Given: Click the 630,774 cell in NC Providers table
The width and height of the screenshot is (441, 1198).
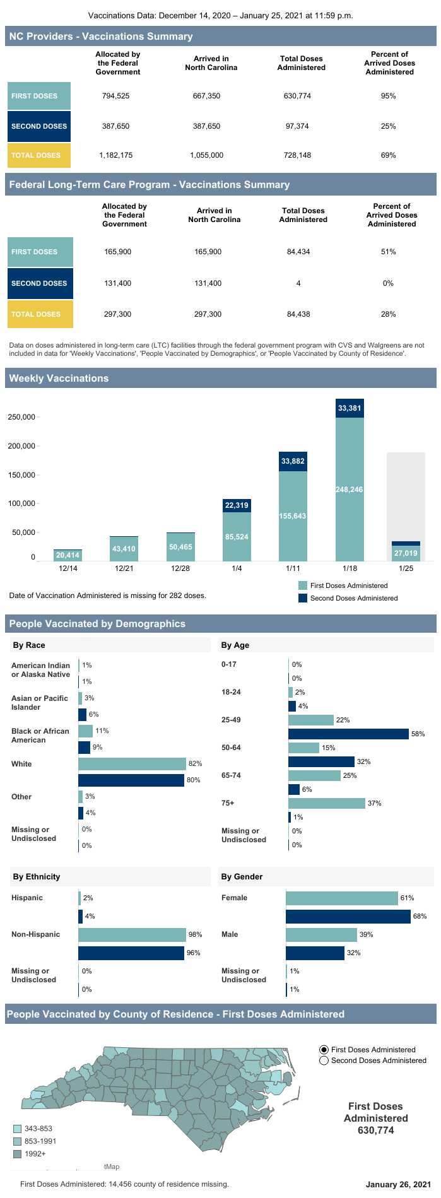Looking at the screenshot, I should point(297,96).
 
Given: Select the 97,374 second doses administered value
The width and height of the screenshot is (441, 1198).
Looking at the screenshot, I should point(297,126).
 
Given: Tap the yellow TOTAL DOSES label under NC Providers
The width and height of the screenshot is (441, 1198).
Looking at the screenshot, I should point(39,155).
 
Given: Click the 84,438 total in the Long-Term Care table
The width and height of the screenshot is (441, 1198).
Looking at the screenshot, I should point(298,314).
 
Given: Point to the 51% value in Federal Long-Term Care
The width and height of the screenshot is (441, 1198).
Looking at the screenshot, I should point(388,252).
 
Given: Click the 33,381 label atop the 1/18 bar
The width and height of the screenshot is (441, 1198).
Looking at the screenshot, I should point(350,408).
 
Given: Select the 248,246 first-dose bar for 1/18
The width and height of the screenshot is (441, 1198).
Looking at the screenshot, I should point(350,490).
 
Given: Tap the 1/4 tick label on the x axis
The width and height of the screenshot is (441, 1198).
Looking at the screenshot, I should point(237,568).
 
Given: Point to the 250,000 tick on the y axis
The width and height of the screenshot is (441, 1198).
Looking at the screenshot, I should point(21,417).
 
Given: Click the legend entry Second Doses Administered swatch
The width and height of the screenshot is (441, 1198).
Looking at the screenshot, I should point(303,598).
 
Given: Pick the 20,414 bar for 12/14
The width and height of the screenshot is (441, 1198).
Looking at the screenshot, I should point(68,555).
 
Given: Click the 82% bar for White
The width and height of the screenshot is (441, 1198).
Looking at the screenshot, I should point(132,764).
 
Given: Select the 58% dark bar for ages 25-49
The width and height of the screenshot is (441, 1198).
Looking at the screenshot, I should point(348,734).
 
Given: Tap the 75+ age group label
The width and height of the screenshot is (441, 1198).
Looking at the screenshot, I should point(228,803).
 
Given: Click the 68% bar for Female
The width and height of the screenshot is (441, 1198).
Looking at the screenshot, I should point(348,916).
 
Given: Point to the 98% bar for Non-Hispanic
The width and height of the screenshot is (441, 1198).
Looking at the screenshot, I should point(132,934).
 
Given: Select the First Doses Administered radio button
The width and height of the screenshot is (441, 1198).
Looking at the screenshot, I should point(324,1050).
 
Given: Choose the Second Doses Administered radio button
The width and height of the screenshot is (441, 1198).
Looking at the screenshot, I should point(324,1060).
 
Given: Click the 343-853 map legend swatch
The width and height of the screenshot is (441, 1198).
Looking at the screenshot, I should point(17,1129).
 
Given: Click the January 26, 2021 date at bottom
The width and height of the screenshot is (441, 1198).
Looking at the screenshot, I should point(398,1184).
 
